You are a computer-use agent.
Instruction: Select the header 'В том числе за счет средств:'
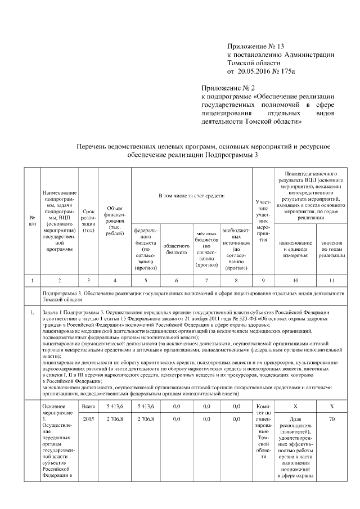pos(191,196)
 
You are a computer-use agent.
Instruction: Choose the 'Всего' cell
pos(88,405)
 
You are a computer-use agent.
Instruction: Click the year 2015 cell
pos(88,418)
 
